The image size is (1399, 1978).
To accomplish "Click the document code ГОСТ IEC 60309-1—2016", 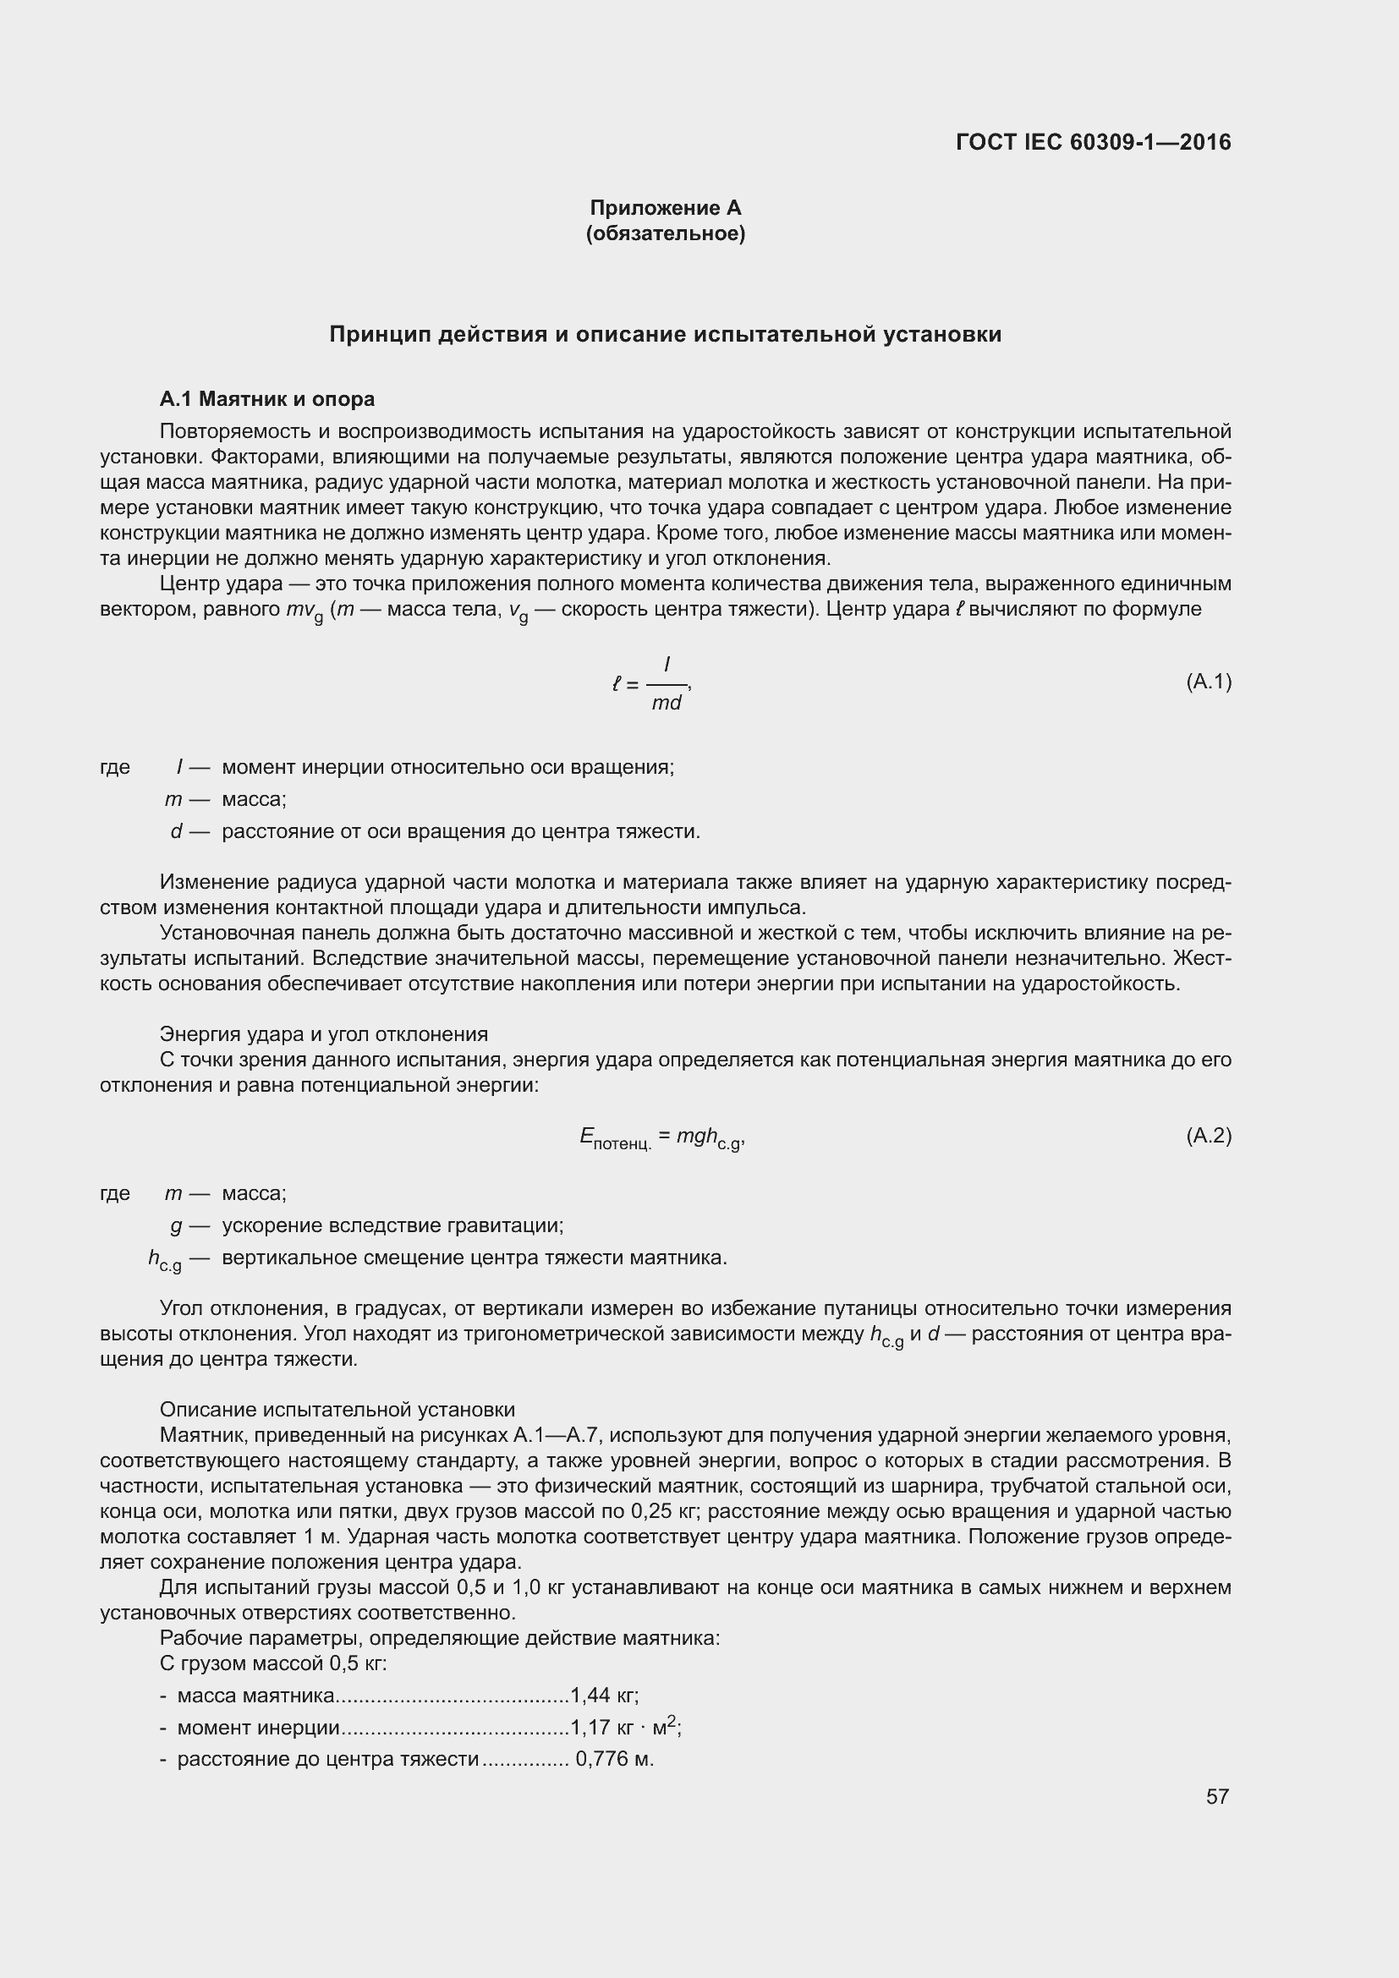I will (1093, 142).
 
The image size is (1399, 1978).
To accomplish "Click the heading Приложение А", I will (665, 208).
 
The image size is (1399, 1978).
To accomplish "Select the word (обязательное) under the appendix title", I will (665, 233).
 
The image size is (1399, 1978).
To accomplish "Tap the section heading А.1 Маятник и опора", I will (267, 399).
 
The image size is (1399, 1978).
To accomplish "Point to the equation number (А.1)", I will (1209, 682).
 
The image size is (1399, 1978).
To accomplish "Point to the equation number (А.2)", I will (1209, 1137).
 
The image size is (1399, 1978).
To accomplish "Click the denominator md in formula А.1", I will (666, 703).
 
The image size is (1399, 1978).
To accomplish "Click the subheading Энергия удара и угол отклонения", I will (324, 1033).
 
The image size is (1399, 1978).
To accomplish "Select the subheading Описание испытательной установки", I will (337, 1410).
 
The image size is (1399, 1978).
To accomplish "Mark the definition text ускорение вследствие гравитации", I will (392, 1225).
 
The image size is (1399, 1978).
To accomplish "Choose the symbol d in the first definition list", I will (177, 831).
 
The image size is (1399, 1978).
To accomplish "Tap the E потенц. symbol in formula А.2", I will (615, 1139).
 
